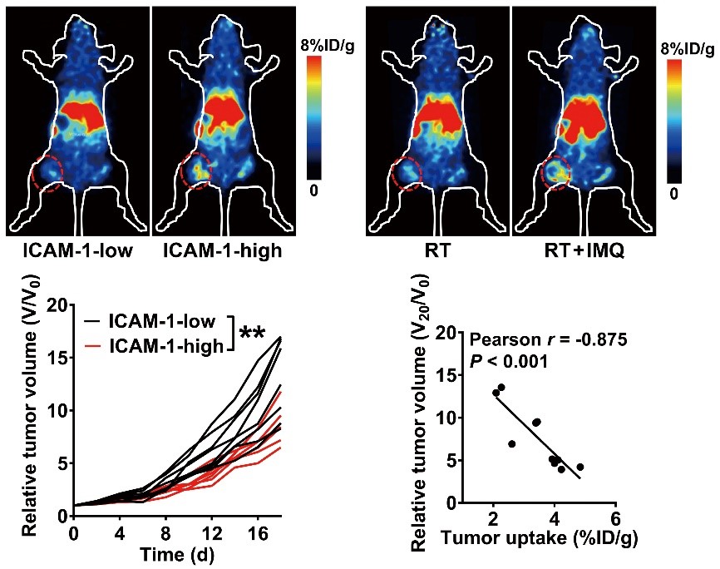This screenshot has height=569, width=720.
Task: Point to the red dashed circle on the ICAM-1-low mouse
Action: (47, 176)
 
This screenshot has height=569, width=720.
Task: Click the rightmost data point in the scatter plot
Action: (579, 468)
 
